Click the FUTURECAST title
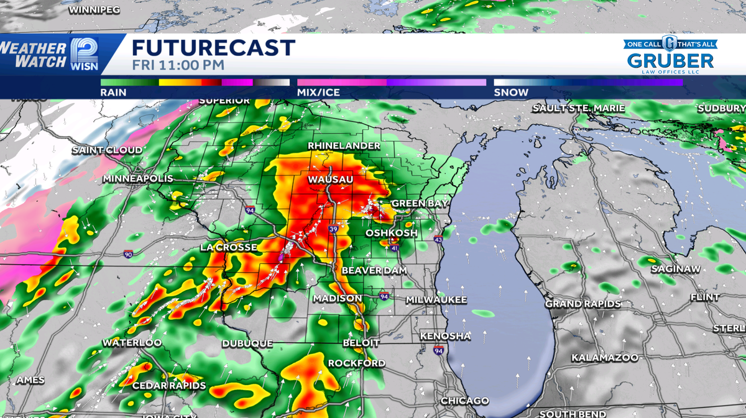point(213,48)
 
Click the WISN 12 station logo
point(84,53)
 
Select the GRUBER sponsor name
point(670,61)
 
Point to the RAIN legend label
point(113,93)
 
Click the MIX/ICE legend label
point(318,93)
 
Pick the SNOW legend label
point(511,93)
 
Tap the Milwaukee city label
point(436,300)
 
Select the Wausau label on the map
point(331,179)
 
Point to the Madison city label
point(338,299)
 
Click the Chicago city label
point(464,401)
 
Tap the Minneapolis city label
point(138,179)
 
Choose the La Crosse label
point(229,247)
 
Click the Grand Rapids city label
point(583,304)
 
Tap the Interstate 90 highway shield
point(128,254)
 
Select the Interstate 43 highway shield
point(438,239)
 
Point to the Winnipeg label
point(93,11)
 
